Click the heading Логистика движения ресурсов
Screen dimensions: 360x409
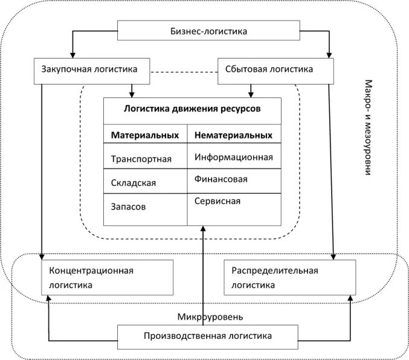click(192, 109)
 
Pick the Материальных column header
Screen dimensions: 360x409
click(145, 135)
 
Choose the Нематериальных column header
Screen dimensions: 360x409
click(233, 135)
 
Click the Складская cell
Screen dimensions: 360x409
click(134, 182)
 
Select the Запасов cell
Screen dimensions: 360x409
click(128, 206)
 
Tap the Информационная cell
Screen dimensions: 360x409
click(234, 157)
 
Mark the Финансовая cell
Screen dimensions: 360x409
click(221, 179)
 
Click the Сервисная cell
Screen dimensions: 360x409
click(217, 201)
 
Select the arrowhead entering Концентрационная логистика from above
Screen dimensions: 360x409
click(42, 256)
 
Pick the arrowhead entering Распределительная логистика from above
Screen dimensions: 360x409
click(334, 256)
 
